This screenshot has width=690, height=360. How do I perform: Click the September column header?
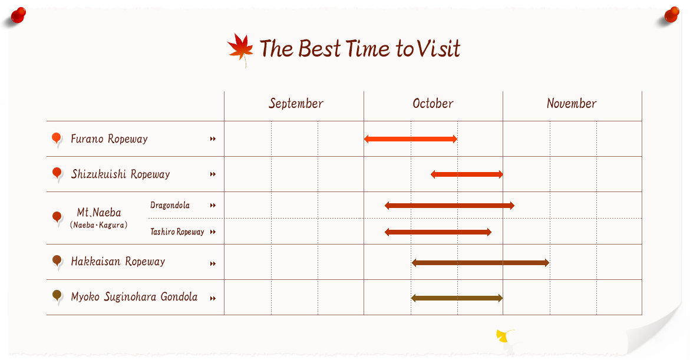click(x=296, y=104)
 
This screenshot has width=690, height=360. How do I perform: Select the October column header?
click(x=433, y=104)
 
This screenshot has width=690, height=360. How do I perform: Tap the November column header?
click(x=572, y=104)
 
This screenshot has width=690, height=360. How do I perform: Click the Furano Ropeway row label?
click(x=109, y=139)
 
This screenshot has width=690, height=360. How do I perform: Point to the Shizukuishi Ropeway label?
click(x=121, y=174)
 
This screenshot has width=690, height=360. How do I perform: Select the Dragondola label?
click(x=170, y=205)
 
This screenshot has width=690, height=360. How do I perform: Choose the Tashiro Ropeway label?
click(x=177, y=232)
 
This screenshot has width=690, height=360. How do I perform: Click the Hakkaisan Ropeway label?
click(x=118, y=262)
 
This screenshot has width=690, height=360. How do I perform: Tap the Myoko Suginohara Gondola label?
click(x=134, y=296)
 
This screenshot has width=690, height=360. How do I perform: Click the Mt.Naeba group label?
click(x=99, y=213)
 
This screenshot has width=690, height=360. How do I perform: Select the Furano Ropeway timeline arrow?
click(x=411, y=139)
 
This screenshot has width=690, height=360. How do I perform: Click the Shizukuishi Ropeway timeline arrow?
click(x=467, y=174)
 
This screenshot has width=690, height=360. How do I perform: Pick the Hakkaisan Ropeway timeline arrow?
click(x=481, y=263)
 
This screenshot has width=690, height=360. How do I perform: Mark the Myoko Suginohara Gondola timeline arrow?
click(x=457, y=298)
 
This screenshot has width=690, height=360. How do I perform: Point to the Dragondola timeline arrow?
click(x=449, y=206)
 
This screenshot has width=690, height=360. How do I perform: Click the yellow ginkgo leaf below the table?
click(x=504, y=336)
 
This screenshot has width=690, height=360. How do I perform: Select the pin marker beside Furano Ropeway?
click(x=57, y=140)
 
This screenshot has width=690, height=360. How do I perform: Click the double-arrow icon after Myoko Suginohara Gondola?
click(x=213, y=298)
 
